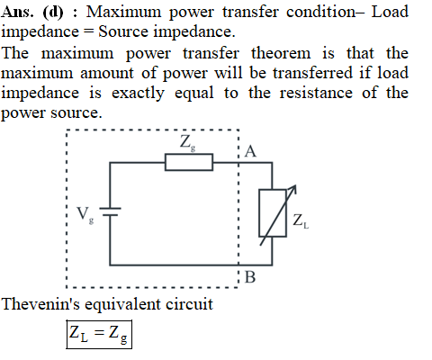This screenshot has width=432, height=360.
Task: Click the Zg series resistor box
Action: [189, 162]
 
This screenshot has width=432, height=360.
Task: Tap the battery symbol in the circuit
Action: [110, 211]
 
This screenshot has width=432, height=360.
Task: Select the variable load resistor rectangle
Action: [273, 213]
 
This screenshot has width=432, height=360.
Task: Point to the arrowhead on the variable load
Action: [292, 189]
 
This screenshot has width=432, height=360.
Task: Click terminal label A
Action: [250, 151]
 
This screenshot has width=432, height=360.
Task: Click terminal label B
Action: [250, 277]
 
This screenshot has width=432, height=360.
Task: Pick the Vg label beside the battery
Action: [85, 215]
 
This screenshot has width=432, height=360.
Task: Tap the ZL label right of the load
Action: [301, 221]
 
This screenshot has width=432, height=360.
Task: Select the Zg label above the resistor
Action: [188, 143]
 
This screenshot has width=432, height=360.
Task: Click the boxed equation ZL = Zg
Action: [99, 335]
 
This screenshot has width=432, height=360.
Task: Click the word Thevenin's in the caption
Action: [40, 304]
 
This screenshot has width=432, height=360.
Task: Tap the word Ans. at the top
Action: [17, 13]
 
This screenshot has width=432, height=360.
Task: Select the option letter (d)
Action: [53, 13]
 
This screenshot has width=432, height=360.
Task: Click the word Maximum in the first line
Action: [124, 13]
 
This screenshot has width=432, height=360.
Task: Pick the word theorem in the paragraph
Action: [281, 53]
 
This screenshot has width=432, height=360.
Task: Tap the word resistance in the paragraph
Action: [316, 93]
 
